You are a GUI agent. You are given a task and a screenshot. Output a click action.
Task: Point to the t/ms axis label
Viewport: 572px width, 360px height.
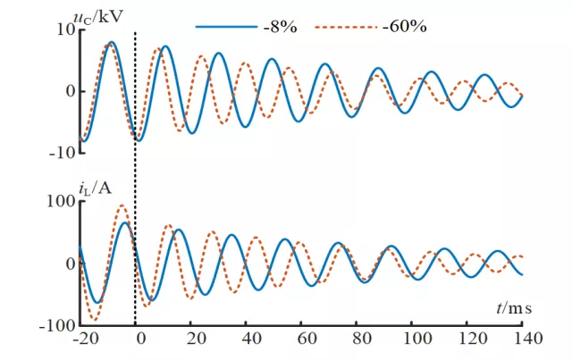pos(514,308)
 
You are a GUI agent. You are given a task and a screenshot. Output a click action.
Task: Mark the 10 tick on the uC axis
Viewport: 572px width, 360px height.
pos(63,29)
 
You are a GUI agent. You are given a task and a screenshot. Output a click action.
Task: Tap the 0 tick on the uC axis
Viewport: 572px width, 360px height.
pos(68,90)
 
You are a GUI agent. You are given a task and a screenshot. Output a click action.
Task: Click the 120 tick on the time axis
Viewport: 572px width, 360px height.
pos(470,339)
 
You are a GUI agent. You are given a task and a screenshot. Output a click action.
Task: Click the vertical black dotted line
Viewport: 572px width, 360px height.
pos(135,179)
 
